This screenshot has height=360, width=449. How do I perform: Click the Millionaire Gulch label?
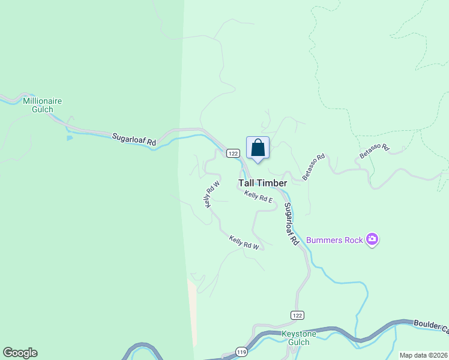[42, 105]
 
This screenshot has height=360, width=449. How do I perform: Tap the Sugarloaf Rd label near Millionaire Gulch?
[134, 140]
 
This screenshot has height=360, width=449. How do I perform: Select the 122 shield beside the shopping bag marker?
[234, 154]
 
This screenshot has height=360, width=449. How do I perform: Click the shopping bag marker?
[258, 148]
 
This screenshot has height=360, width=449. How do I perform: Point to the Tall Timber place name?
[263, 183]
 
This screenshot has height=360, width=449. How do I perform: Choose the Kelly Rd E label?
[259, 196]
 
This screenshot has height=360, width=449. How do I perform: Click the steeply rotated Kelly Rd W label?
[212, 194]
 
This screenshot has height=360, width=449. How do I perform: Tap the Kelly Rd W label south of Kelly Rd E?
[244, 243]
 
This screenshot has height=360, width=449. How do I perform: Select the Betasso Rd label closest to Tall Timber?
[313, 167]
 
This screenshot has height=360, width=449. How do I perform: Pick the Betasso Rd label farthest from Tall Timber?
[375, 151]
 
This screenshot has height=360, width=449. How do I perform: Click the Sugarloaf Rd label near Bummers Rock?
[291, 223]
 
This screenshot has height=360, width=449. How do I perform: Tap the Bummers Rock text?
[334, 240]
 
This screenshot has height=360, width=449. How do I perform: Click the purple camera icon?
[372, 240]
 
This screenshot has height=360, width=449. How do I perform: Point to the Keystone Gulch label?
[295, 338]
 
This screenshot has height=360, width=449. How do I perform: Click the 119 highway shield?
[242, 351]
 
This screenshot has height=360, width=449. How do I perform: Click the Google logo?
[20, 352]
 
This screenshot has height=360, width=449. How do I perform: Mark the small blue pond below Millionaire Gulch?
[70, 138]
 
